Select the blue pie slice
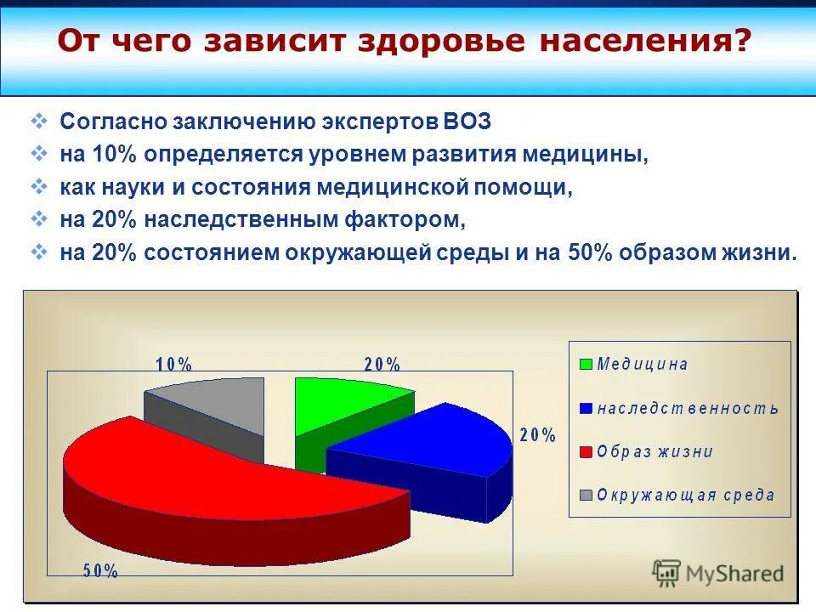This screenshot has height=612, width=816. pos(425,438)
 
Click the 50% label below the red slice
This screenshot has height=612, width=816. pos(100,571)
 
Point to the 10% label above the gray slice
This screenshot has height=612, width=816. pos(174,364)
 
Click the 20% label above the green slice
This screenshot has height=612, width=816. pos(382,364)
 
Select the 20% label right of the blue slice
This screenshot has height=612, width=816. pos(537,435)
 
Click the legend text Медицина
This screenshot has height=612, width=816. pos(643,365)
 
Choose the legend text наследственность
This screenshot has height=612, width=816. pos(688,408)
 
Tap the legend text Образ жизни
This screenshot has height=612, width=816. pos(654,451)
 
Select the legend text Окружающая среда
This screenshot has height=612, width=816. pos(685,495)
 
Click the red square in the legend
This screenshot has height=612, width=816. pos(586,452)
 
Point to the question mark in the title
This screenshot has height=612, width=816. pos(744,40)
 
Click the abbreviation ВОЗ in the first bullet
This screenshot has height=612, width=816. pos(467,121)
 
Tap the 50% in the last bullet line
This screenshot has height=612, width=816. pos(587,252)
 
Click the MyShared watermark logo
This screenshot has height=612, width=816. pos(718,573)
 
